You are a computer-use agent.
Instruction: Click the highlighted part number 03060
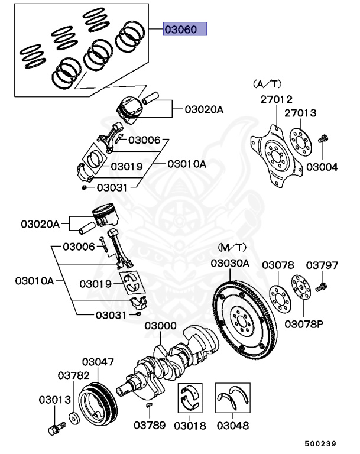184,29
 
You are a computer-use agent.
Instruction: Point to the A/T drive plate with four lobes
273,151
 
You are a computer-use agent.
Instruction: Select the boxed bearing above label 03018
191,401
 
